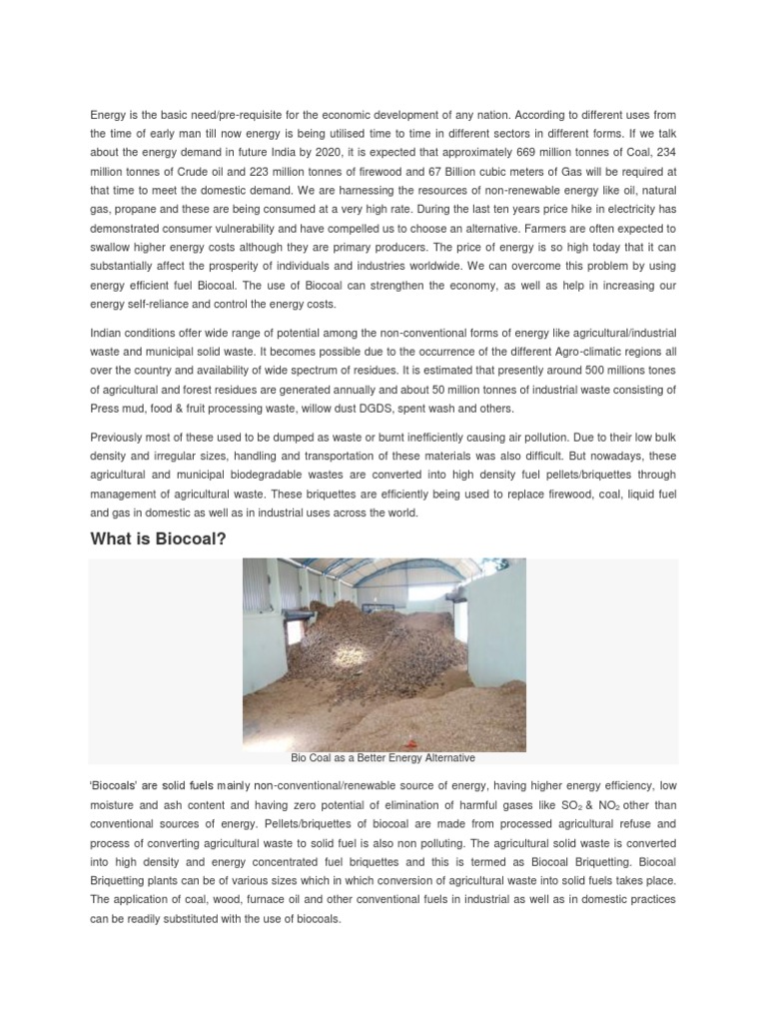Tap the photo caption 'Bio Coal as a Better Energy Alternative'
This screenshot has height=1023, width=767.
click(x=383, y=758)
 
